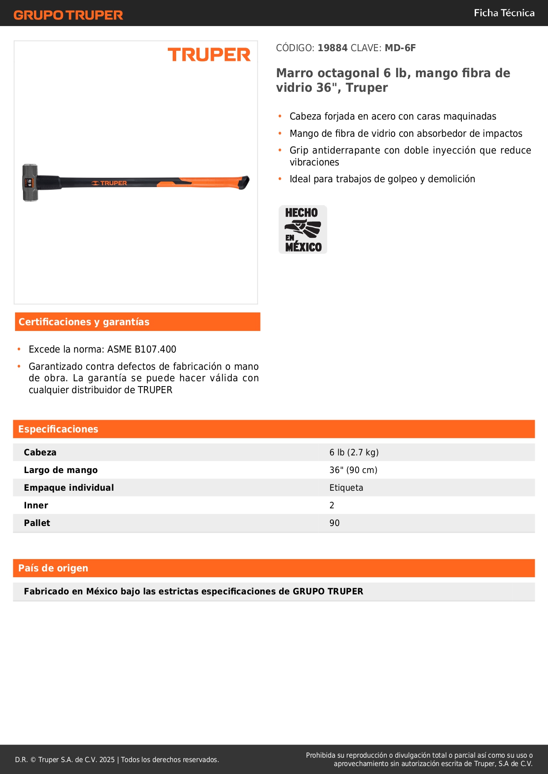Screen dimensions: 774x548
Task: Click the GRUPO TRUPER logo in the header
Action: tap(68, 15)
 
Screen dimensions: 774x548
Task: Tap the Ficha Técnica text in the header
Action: tap(504, 13)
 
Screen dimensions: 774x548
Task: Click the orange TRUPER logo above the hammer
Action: tap(209, 55)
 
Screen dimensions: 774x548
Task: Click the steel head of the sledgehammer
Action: tap(30, 182)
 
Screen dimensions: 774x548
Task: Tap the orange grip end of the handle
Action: tap(212, 182)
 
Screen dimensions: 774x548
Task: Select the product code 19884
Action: tap(333, 48)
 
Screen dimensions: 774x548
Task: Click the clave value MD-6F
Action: tap(400, 48)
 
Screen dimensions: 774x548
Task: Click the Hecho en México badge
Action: tap(303, 229)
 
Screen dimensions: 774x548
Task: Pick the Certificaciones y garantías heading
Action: tap(84, 322)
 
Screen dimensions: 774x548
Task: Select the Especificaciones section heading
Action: tap(58, 429)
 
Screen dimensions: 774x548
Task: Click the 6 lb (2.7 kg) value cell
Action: tap(354, 452)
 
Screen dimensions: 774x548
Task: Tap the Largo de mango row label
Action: tap(60, 470)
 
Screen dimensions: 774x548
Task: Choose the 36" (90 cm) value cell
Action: tap(353, 470)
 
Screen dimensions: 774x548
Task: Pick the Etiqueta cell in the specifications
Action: tap(346, 488)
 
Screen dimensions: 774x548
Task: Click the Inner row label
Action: tap(36, 505)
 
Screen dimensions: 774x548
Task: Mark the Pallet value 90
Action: tap(334, 523)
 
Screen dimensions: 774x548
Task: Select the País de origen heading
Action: tap(53, 568)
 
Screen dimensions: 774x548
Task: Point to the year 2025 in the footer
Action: tap(107, 759)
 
